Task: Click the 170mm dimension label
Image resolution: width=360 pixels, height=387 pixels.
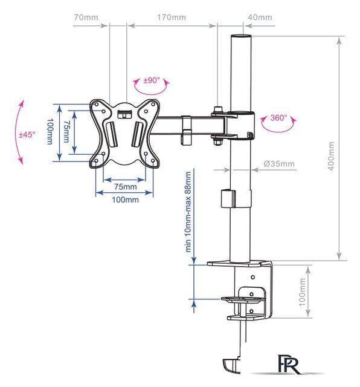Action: point(172,18)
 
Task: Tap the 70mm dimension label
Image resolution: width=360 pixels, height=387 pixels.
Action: point(86,18)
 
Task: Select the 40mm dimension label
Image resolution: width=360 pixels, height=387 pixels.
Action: point(260,18)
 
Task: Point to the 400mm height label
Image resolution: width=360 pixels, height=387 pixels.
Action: point(331,156)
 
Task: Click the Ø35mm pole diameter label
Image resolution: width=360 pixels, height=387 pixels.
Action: point(279,164)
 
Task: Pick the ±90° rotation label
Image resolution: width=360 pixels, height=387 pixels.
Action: point(152,80)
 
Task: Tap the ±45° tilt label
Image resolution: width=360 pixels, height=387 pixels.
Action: point(27,135)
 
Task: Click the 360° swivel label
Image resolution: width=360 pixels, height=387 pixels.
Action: point(278,118)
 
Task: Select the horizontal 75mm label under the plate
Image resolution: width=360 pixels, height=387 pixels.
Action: point(125,187)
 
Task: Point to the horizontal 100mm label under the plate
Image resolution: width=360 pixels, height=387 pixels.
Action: point(125,200)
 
